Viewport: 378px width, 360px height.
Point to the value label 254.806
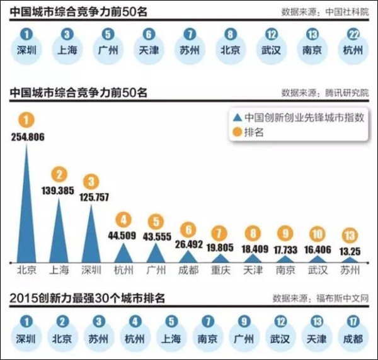coord(26,137)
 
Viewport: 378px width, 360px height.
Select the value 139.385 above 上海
coord(59,189)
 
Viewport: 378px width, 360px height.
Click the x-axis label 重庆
coord(220,271)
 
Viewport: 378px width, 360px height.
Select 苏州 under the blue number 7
coord(188,50)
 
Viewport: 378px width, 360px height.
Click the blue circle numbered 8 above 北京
coord(229,36)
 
